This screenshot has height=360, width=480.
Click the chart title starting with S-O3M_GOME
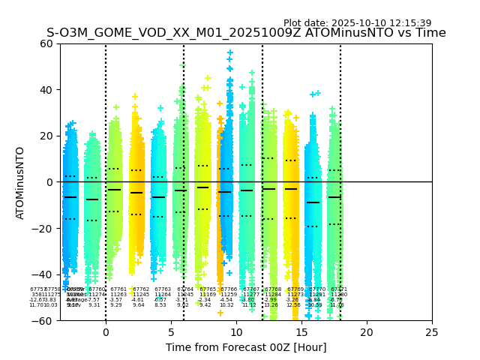point(246,33)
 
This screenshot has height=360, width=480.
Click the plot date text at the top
point(357,23)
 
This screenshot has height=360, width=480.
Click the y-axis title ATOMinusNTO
point(21,182)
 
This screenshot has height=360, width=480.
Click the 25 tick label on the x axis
point(432,332)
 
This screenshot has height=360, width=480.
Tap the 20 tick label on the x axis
point(367,332)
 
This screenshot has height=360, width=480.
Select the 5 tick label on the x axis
point(171,332)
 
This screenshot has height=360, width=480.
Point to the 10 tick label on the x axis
point(236,332)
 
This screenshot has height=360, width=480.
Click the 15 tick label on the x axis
point(301,332)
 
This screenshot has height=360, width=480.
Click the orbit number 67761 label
point(118,289)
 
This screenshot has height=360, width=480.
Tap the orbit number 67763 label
point(163,289)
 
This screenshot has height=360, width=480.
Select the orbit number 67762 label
point(141,289)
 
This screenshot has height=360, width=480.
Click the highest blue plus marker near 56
point(230,53)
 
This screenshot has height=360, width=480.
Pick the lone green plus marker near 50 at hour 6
point(182,65)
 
